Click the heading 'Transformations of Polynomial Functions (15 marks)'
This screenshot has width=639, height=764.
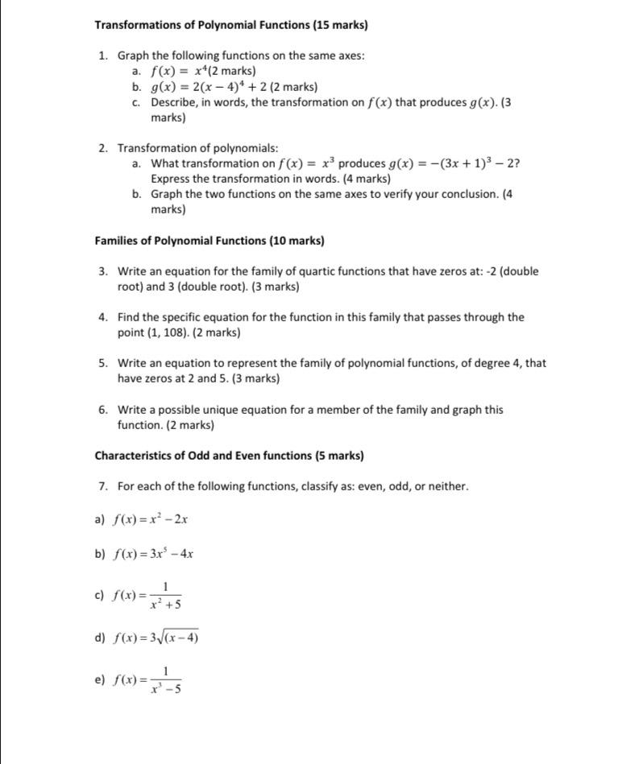point(230,25)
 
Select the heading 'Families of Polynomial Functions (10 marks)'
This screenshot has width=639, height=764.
point(210,241)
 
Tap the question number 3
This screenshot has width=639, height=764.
point(103,271)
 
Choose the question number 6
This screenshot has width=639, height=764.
point(103,410)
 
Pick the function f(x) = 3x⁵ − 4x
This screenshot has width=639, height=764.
point(153,554)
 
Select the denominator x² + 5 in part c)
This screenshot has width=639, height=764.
point(165,604)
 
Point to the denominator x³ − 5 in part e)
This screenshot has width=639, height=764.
point(165,688)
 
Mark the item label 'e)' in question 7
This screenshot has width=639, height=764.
point(100,680)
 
